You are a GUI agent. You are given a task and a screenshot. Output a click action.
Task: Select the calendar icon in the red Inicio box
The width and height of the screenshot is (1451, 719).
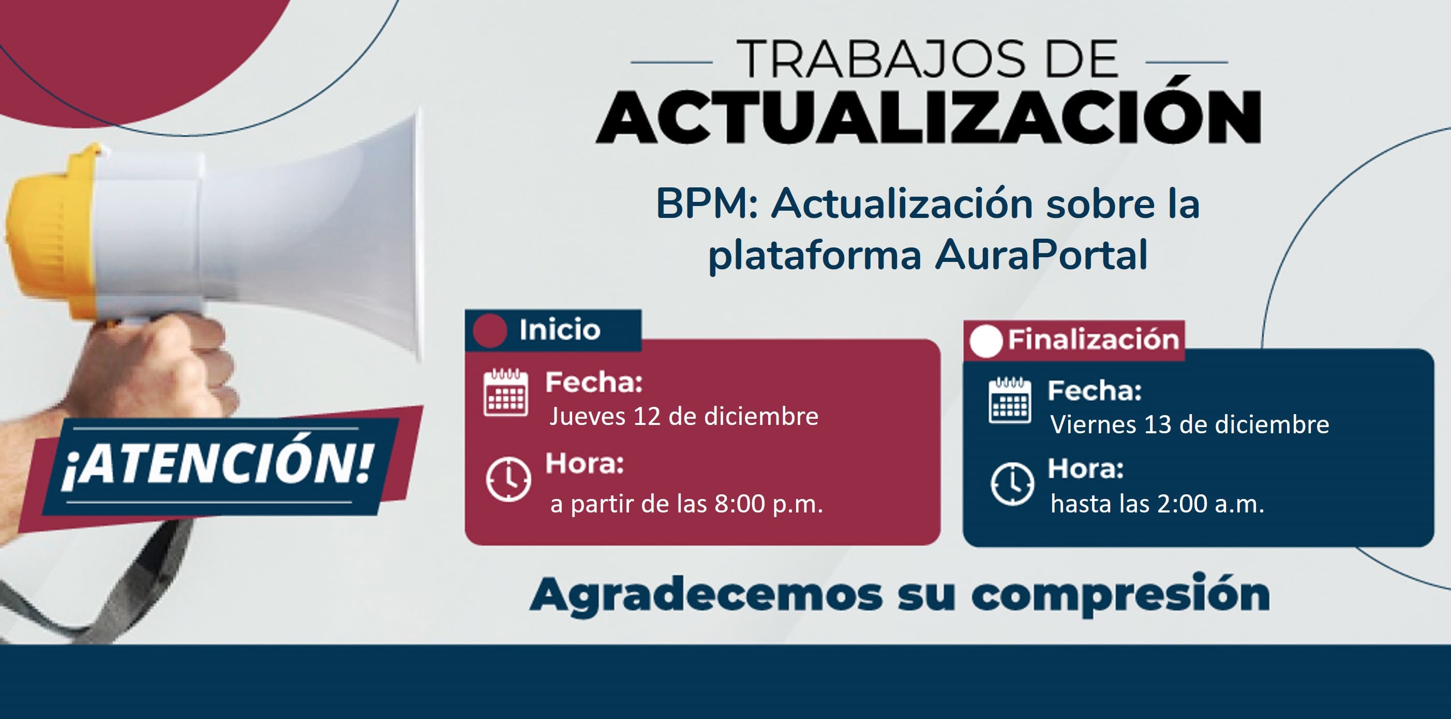pos(506,392)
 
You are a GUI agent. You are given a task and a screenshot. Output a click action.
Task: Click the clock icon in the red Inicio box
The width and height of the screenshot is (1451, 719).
pos(508,480)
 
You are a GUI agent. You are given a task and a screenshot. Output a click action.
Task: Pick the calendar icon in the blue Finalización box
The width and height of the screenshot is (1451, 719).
pos(1010,400)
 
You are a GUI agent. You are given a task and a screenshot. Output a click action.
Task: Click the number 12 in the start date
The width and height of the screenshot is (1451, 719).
pos(647,416)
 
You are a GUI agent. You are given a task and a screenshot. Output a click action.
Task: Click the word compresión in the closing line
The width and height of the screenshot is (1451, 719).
pos(1120,596)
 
